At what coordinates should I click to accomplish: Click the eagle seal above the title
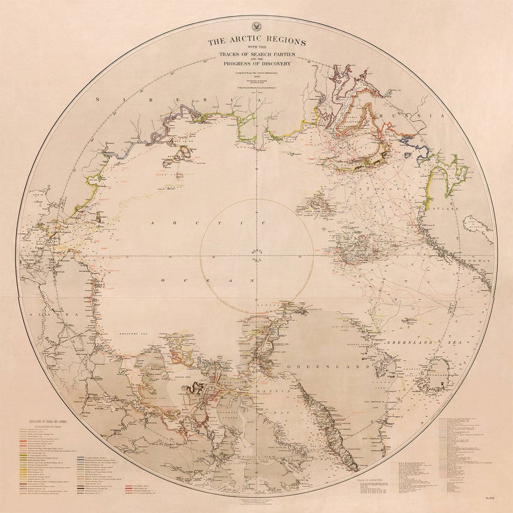point(256,27)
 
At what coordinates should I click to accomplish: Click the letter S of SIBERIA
point(98,98)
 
